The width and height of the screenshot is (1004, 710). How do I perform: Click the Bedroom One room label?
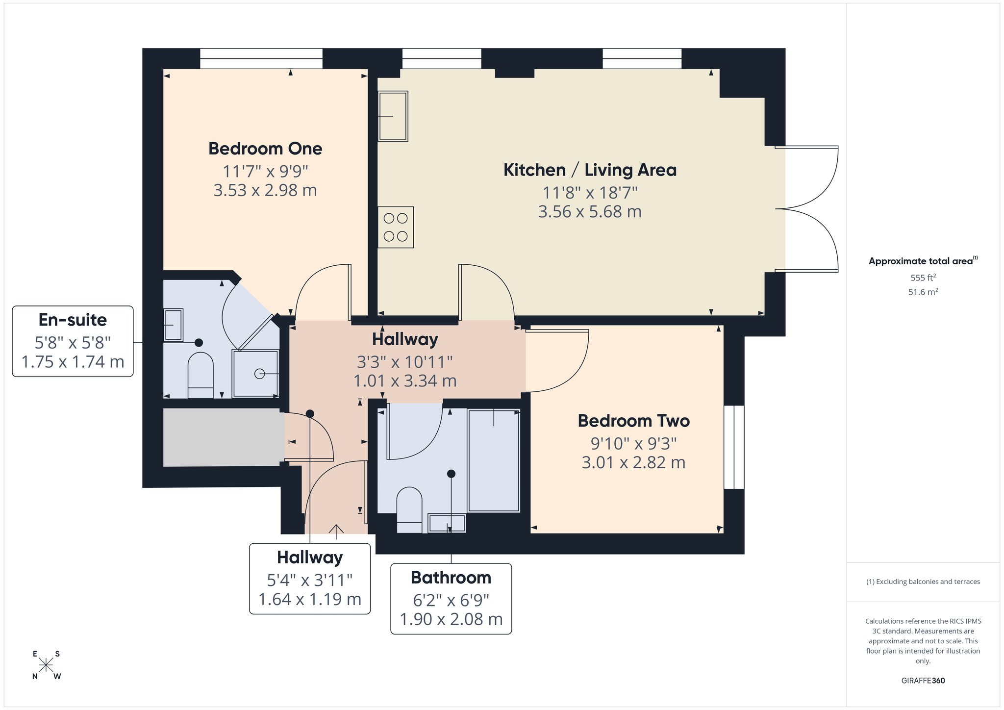click(x=265, y=149)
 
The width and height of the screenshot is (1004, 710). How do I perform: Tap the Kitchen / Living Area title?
click(x=590, y=170)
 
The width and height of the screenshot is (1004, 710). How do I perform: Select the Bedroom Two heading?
click(x=633, y=421)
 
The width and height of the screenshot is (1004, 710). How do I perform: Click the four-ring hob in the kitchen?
click(x=396, y=227)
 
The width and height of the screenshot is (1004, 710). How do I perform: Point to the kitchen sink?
click(x=393, y=116)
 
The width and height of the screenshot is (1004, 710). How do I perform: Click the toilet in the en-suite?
click(x=201, y=375)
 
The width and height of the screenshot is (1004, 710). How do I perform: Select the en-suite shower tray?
click(x=255, y=373)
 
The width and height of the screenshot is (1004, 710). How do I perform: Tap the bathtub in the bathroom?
click(x=494, y=460)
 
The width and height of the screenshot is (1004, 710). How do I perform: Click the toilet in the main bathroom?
click(x=409, y=509)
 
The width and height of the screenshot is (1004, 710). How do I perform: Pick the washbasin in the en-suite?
click(x=173, y=325)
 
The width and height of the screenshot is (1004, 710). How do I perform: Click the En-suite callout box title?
click(x=73, y=320)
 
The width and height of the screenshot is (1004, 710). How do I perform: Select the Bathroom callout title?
click(x=451, y=578)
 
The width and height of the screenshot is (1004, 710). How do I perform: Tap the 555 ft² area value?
click(x=923, y=278)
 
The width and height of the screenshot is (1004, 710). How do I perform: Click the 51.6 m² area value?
click(x=923, y=292)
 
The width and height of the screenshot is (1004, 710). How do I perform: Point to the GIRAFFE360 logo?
click(x=923, y=681)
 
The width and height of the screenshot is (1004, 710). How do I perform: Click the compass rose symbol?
click(x=46, y=665)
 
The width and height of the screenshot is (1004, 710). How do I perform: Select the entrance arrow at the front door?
click(x=336, y=532)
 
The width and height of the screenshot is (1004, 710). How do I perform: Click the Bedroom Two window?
click(x=734, y=447)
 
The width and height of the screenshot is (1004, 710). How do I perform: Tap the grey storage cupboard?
click(x=224, y=437)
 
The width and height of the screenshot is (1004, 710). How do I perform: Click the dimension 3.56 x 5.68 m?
click(x=590, y=212)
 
